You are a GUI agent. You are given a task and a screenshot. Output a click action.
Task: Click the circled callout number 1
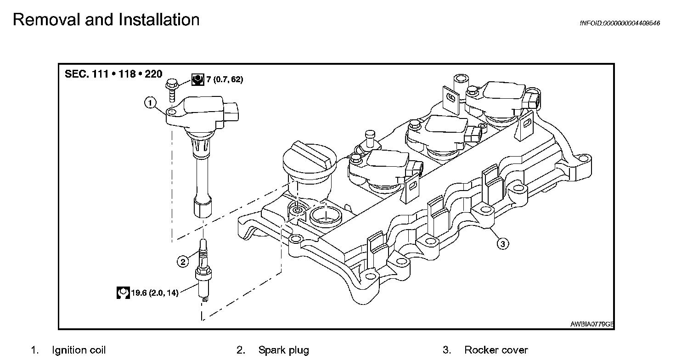pyautogui.click(x=150, y=103)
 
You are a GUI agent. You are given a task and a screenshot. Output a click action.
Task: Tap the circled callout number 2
pyautogui.click(x=183, y=262)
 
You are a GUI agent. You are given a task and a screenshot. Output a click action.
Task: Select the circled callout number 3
pyautogui.click(x=502, y=244)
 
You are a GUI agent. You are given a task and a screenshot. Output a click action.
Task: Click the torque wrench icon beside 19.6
pyautogui.click(x=123, y=292)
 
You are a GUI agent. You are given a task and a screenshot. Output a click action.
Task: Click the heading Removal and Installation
pyautogui.click(x=106, y=20)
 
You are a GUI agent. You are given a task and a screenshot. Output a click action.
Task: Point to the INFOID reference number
pyautogui.click(x=620, y=23)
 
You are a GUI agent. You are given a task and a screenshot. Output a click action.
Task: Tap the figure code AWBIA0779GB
pyautogui.click(x=591, y=324)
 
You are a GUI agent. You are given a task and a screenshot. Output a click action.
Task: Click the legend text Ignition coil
pyautogui.click(x=79, y=350)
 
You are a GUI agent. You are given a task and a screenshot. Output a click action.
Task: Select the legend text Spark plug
pyautogui.click(x=283, y=350)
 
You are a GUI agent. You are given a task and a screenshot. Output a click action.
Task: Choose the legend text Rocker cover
pyautogui.click(x=496, y=350)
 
